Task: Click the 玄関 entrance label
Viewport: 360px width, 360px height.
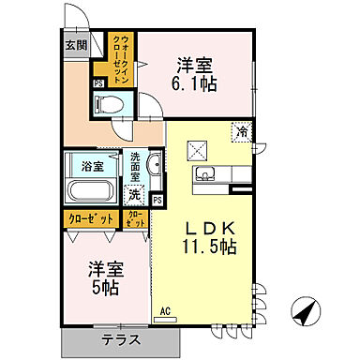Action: [76, 44]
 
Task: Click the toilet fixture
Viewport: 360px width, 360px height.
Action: [113, 103]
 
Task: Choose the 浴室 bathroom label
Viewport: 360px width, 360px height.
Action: [92, 167]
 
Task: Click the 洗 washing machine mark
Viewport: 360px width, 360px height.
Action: [135, 196]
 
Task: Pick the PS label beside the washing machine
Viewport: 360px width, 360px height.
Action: [157, 200]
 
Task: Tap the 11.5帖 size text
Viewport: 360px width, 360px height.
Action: [208, 248]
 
